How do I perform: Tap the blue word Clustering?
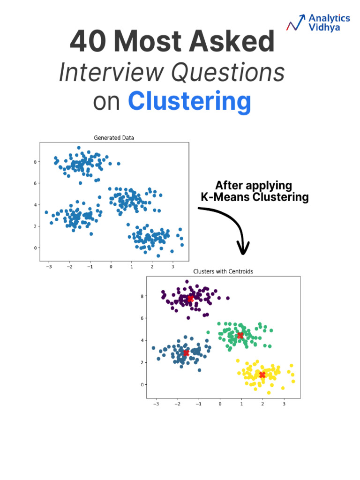(x=189, y=101)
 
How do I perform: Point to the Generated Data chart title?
(x=114, y=138)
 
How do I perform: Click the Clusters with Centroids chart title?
(x=223, y=271)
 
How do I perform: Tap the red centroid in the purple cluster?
(x=190, y=299)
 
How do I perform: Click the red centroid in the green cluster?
(x=240, y=335)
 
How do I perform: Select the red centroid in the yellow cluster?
(x=262, y=375)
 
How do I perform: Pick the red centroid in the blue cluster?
(x=186, y=352)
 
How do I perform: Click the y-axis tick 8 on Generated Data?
(x=34, y=162)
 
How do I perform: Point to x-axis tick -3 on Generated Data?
(x=48, y=267)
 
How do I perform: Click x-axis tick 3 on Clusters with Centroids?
(x=284, y=404)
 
